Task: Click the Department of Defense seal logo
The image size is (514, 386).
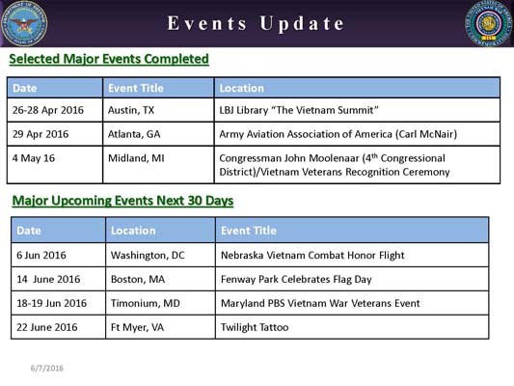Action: click(24, 24)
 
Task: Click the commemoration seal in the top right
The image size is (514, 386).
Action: click(488, 24)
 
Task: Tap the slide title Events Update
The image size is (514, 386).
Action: click(256, 23)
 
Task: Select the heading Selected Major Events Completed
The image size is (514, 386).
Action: click(109, 60)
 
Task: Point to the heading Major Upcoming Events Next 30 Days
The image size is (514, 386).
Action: click(122, 201)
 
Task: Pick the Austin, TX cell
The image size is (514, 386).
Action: click(132, 110)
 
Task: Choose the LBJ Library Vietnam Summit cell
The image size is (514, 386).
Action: click(288, 110)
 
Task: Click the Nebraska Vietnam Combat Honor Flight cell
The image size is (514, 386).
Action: click(312, 255)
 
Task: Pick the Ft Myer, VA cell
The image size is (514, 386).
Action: click(137, 327)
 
